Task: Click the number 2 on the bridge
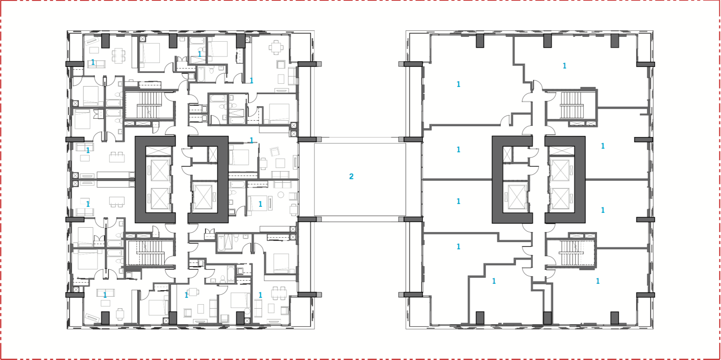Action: pos(351,176)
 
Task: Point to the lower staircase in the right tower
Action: pos(571,253)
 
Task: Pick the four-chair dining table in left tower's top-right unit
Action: pos(276,47)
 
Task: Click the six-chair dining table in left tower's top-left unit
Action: pos(118,55)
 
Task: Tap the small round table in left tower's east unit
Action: pos(281,195)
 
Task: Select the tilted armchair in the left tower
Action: pos(275,152)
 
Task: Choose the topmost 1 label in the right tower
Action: pos(564,66)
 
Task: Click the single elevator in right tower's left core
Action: pos(516,197)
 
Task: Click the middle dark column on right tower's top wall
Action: pos(547,40)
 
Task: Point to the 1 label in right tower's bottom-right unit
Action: pos(597,281)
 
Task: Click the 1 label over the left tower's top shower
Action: pos(199,54)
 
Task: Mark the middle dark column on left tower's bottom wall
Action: pos(173,318)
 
